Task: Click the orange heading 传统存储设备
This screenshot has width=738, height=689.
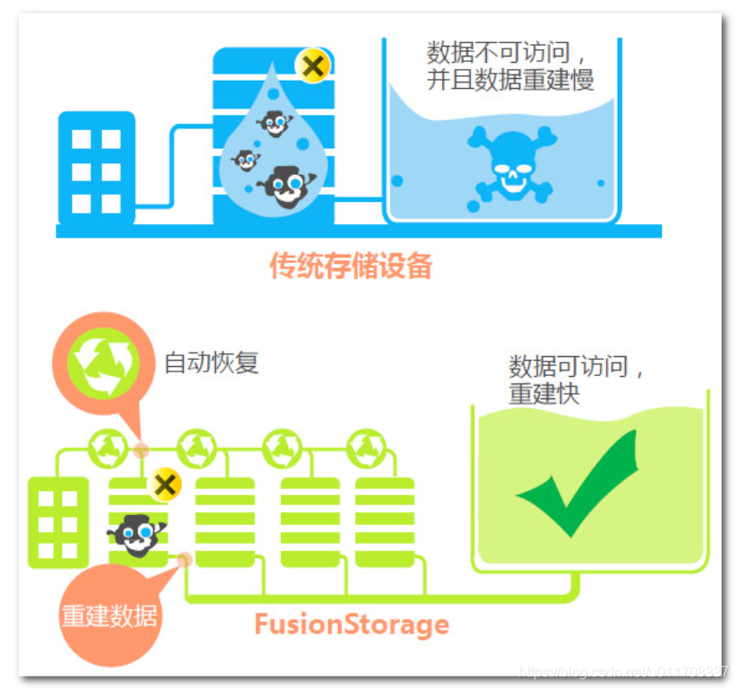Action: [x=351, y=266]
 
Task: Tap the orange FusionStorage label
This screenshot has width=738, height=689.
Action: [x=351, y=624]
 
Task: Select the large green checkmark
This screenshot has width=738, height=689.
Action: [x=578, y=484]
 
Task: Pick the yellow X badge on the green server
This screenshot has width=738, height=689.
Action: [x=164, y=485]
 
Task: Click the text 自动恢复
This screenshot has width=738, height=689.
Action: [x=211, y=363]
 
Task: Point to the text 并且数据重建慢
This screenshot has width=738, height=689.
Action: [x=510, y=80]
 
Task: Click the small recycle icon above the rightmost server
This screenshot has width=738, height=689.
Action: [x=364, y=446]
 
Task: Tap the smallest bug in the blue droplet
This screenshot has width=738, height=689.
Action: [x=245, y=161]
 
